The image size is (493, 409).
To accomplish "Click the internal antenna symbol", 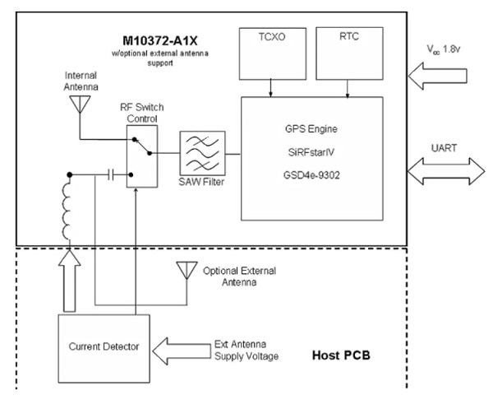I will pos(80,103).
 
